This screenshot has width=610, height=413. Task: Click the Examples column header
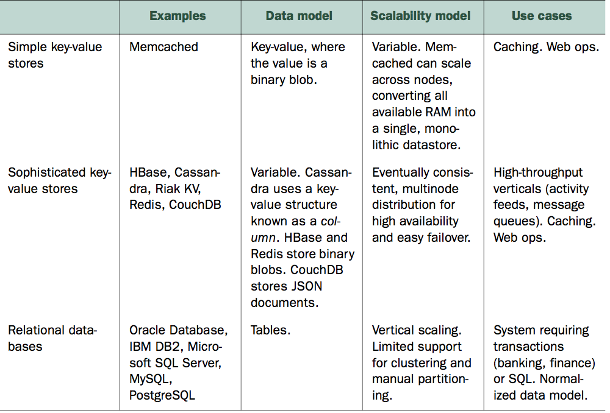(178, 16)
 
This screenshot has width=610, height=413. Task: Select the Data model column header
(299, 16)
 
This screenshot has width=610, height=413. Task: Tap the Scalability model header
(420, 16)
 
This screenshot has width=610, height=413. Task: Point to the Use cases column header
(542, 16)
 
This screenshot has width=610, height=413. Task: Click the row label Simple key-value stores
(55, 55)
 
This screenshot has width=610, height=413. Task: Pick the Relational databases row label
(52, 338)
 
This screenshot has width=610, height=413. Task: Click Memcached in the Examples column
(163, 47)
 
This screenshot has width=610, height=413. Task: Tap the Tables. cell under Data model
(270, 330)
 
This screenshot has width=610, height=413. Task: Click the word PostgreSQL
(162, 395)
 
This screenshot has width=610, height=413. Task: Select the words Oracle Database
(178, 330)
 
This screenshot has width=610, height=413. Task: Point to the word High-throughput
(538, 172)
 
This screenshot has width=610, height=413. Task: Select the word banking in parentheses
(520, 363)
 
